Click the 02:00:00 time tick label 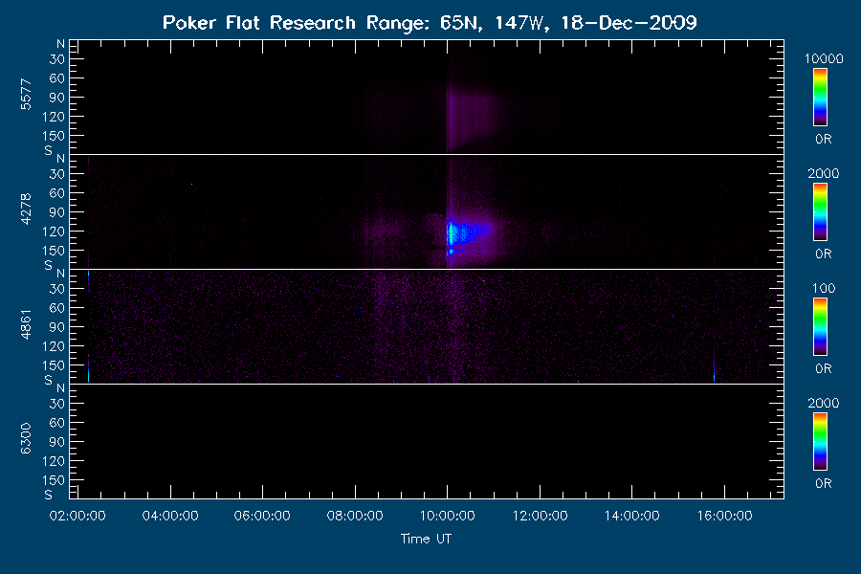coord(77,516)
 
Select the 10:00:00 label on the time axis coord(448,516)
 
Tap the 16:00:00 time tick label coord(725,516)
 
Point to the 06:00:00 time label coord(262,516)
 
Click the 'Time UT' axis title coord(426,539)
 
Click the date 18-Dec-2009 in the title coord(629,23)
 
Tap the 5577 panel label coord(26,95)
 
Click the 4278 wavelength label coord(26,210)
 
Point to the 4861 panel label coord(26,324)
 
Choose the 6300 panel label coord(26,439)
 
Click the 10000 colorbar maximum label coord(824,58)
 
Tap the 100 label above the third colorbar coord(824,288)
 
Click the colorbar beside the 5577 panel coord(821,98)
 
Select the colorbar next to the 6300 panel coord(821,442)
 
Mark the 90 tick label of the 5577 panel coord(57,98)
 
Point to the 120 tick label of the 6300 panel coord(54,461)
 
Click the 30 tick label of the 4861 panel coord(57,289)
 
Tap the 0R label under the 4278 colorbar coord(824,254)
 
